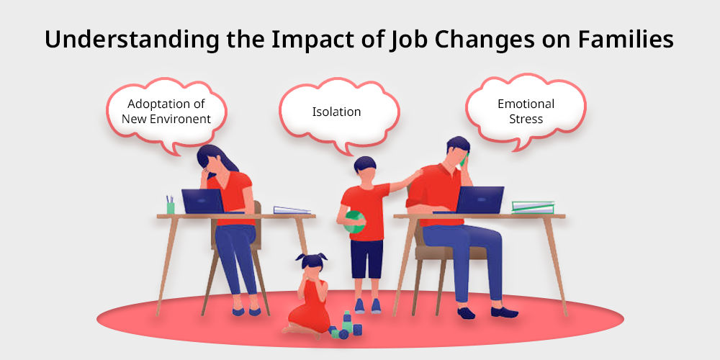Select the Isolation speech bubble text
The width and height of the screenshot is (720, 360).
[x=336, y=112]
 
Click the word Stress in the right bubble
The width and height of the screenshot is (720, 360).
[x=526, y=119]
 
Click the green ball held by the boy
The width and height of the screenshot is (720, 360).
[x=354, y=222]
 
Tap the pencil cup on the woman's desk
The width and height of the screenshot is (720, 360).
[x=171, y=205]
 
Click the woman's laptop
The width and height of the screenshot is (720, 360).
[x=203, y=201]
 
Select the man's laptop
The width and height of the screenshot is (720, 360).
[x=477, y=199]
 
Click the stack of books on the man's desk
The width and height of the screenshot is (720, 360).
[x=533, y=207]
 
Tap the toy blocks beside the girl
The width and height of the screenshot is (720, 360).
[x=346, y=326]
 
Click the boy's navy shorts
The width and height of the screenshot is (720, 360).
[x=367, y=258]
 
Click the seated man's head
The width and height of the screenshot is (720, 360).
[x=457, y=151]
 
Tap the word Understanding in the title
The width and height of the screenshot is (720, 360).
[x=131, y=40]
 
